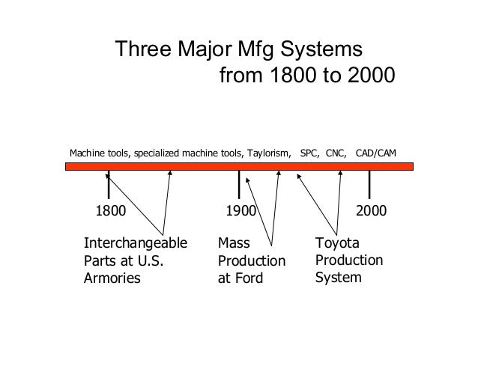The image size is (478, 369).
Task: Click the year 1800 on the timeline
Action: click(110, 212)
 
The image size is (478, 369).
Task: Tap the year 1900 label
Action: click(240, 212)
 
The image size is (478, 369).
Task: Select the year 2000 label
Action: click(372, 212)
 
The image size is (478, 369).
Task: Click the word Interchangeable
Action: click(135, 244)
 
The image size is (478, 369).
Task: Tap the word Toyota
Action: click(338, 244)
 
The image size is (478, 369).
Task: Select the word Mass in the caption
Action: click(233, 244)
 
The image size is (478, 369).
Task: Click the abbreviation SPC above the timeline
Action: click(309, 154)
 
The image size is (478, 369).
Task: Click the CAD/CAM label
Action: click(376, 154)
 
